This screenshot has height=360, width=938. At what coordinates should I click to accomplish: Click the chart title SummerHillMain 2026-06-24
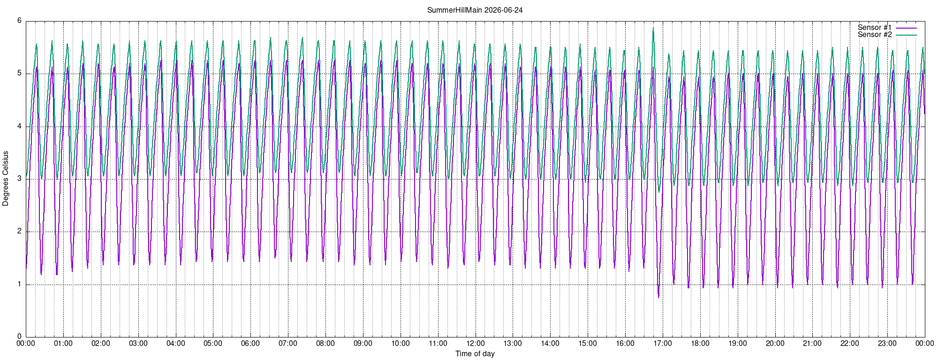click(475, 10)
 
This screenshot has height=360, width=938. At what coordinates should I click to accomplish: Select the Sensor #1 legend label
click(874, 28)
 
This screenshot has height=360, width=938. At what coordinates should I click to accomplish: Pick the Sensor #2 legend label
click(874, 35)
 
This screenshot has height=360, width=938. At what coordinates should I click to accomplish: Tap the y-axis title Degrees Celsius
click(6, 178)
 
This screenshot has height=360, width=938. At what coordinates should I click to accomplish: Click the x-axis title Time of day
click(475, 353)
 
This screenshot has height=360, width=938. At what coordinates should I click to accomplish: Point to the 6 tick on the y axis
click(19, 21)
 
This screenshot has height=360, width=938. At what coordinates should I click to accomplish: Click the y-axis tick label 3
click(19, 179)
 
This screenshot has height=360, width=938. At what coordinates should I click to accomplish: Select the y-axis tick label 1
click(19, 284)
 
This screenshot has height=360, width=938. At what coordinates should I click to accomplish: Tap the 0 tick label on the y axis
click(19, 337)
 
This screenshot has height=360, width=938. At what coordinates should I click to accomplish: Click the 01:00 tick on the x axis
click(63, 344)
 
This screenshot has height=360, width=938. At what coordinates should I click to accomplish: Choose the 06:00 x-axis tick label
click(250, 344)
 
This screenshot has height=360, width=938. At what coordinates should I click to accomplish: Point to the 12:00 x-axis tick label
click(475, 344)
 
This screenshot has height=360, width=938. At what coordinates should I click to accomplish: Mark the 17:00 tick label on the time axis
click(663, 344)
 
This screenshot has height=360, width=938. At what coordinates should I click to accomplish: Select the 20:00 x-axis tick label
click(775, 344)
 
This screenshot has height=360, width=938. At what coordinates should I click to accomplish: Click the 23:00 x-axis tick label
click(887, 344)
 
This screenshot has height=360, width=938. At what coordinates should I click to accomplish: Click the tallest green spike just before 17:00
click(653, 28)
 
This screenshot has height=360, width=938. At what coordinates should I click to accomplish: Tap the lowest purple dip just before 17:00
click(658, 297)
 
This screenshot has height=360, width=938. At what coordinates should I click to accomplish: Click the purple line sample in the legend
click(906, 28)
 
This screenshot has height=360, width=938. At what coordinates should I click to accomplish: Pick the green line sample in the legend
click(906, 35)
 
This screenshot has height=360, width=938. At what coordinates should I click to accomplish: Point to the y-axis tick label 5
click(19, 73)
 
